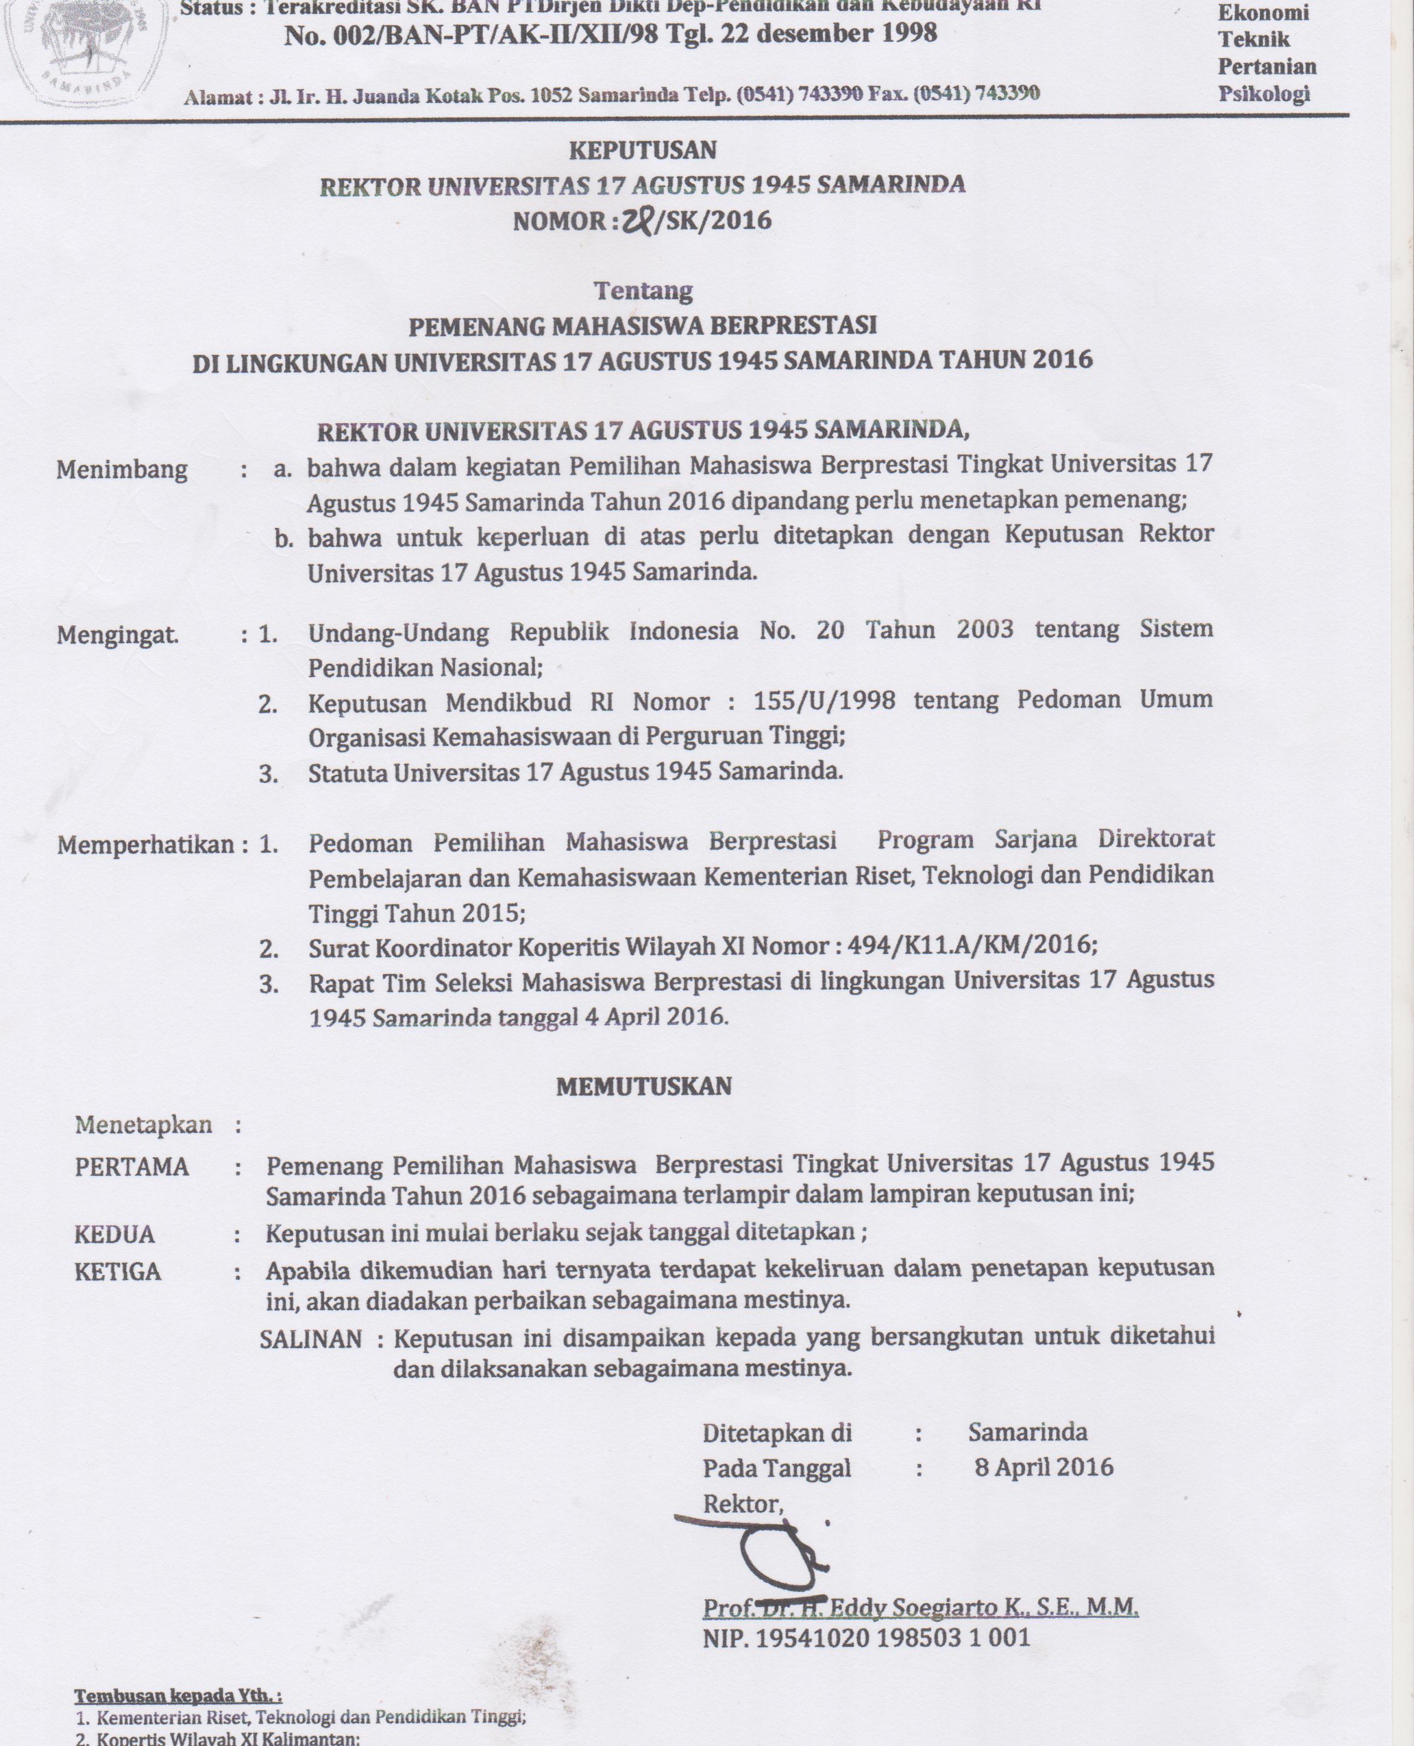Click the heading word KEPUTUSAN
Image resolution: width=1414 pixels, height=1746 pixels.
point(643,151)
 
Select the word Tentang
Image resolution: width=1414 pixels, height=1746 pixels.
point(643,290)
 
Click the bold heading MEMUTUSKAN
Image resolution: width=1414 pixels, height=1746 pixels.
point(644,1086)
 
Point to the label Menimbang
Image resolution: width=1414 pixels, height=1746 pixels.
point(121,470)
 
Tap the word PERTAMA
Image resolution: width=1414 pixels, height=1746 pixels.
point(131,1167)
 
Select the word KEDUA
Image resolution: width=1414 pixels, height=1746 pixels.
point(114,1235)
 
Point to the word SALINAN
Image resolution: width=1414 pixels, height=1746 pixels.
point(311,1340)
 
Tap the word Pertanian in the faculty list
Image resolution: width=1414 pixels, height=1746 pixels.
point(1267,66)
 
